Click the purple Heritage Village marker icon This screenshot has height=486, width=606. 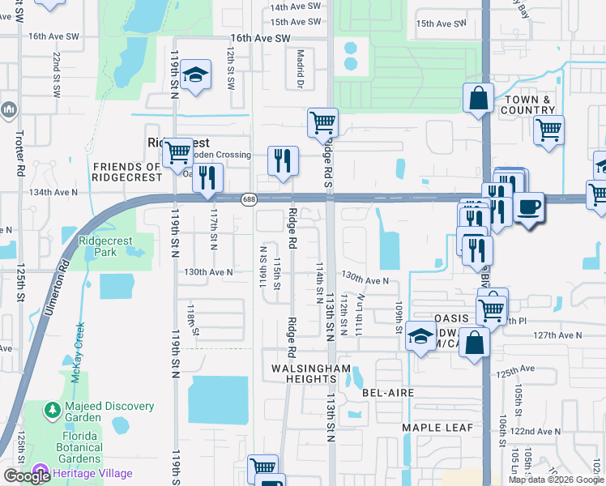coord(41,473)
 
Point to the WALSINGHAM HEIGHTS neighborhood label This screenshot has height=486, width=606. coord(312,369)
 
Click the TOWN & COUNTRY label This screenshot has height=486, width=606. coord(527,104)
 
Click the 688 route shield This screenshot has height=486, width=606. coord(248,198)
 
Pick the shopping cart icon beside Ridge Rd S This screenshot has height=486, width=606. coord(322,123)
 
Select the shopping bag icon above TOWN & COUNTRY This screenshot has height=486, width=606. coord(478,98)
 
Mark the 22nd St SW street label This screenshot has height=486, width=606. coord(56,76)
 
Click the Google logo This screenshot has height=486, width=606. coord(27,476)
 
